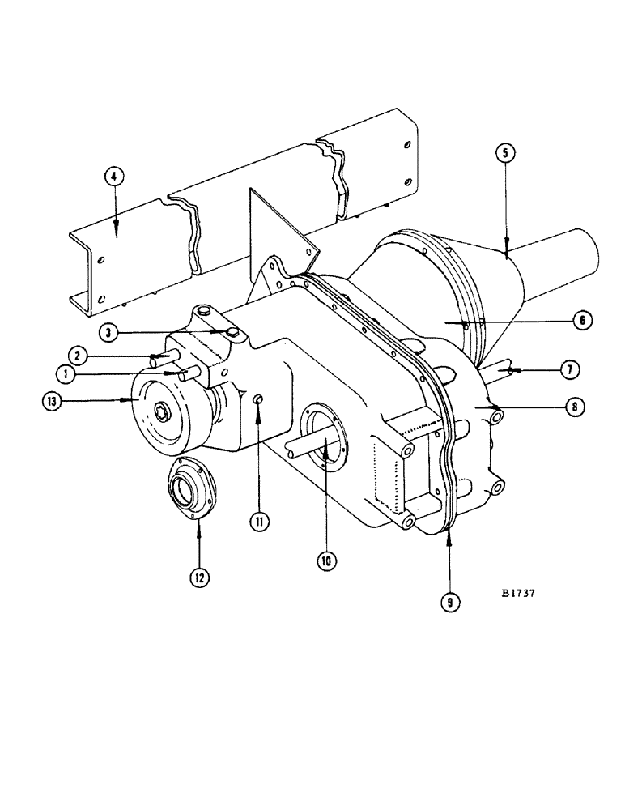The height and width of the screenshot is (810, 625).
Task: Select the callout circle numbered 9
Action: pos(449,602)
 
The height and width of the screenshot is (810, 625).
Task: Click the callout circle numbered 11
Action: pos(258,522)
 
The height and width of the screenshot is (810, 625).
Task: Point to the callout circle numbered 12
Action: pos(199,577)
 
